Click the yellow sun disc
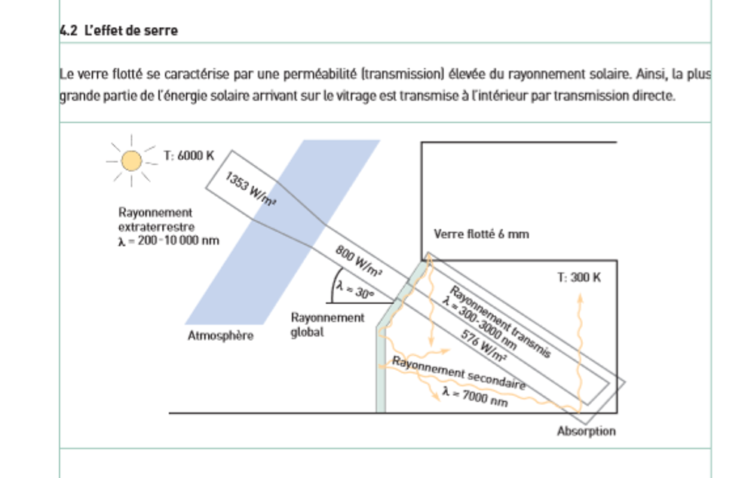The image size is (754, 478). point(131,161)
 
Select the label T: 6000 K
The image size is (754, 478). point(188,156)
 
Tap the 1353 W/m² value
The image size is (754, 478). point(250,188)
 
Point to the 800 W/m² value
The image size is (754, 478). point(359,261)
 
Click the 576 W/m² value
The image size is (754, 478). point(484,345)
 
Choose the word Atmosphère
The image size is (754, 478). point(220,336)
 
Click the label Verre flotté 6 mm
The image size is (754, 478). point(481,234)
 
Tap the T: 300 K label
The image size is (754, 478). point(579,277)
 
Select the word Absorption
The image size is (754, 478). point(586,431)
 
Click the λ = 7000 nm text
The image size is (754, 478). point(475,397)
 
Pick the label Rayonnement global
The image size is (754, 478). point(327,325)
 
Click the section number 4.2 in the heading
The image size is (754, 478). point(69,30)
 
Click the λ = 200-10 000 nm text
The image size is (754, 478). point(168,241)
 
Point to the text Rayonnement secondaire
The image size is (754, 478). point(458,372)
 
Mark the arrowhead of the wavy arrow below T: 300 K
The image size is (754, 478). point(581,298)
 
